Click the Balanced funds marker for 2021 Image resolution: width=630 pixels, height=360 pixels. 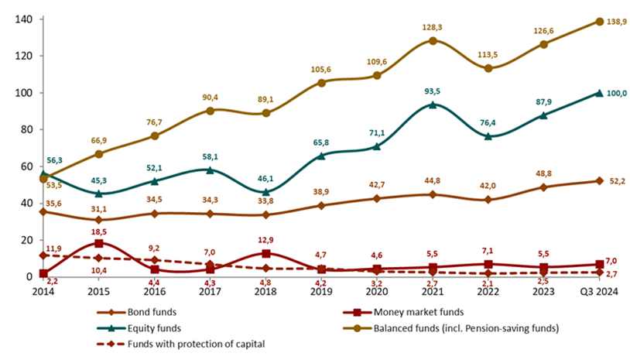click(433, 40)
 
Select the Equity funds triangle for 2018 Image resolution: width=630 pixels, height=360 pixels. click(265, 191)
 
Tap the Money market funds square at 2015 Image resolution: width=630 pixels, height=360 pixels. click(98, 242)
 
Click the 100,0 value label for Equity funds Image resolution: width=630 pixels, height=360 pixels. click(615, 95)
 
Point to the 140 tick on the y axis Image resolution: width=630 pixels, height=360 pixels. click(23, 19)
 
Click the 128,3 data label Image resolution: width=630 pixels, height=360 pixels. click(433, 26)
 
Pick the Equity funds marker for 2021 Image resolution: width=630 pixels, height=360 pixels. click(433, 105)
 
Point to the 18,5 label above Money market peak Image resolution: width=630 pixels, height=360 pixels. click(98, 231)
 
